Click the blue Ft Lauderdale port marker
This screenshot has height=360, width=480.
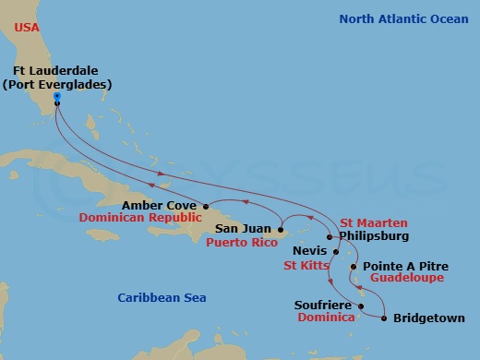click(56, 95)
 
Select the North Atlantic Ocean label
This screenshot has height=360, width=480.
click(403, 19)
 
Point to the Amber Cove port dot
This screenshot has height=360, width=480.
click(205, 206)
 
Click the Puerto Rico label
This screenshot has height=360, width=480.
click(242, 242)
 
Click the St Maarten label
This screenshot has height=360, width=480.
click(374, 222)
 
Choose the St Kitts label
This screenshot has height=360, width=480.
click(303, 265)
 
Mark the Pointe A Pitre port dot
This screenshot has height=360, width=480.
click(356, 266)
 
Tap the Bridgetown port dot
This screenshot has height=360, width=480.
click(384, 318)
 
